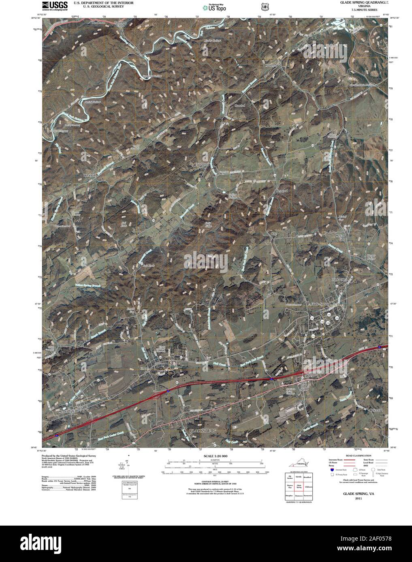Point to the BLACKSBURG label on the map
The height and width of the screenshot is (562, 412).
tap(203, 431)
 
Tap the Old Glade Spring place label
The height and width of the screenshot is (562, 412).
tap(304, 386)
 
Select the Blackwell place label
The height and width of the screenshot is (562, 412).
tap(90, 175)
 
